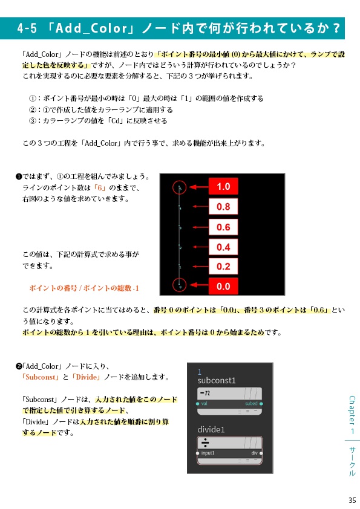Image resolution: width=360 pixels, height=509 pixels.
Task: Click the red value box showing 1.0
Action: coord(223,187)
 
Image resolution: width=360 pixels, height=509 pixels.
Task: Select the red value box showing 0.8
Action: coord(223,207)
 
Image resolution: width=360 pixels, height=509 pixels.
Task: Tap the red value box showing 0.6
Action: coord(223,227)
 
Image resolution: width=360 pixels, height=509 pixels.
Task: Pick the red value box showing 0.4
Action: coord(223,247)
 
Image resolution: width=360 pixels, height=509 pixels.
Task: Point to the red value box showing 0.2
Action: coord(223,266)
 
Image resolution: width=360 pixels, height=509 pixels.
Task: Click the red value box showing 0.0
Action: coord(223,286)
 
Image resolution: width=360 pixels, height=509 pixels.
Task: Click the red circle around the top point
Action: coord(180,187)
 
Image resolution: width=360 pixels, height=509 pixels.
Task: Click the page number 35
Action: coord(352,499)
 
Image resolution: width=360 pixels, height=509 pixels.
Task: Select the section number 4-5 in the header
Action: coord(28,28)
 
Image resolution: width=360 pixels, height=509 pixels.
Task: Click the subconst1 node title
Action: coord(217,381)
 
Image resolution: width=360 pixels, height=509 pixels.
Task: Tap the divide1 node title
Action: coord(211,429)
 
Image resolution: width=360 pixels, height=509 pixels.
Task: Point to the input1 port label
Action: coord(208,453)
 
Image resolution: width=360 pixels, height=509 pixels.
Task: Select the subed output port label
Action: coord(251,403)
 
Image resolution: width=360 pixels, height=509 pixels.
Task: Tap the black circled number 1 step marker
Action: coord(18,177)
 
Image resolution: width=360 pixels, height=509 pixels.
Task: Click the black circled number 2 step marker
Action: coord(18,366)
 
